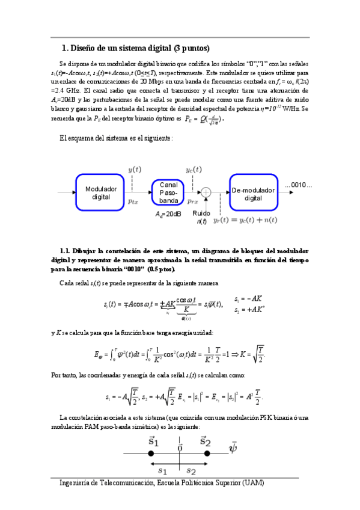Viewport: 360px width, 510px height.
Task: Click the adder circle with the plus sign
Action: (x=206, y=192)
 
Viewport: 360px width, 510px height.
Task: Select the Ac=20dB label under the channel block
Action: (x=168, y=214)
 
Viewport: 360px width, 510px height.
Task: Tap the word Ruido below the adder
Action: (x=201, y=214)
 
